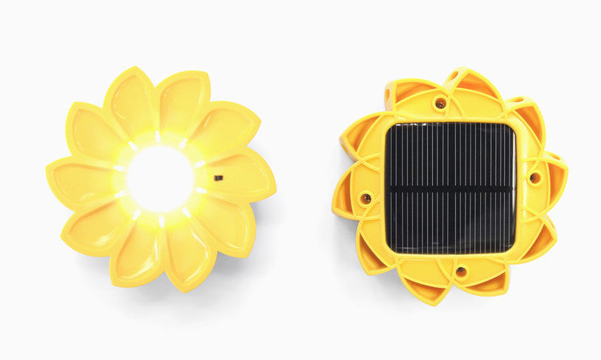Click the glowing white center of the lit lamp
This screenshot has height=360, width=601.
pos(160,179)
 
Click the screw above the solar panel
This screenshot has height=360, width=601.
pos(440,103)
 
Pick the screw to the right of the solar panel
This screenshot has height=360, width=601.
pos(534,177)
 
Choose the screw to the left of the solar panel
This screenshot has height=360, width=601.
pos(365,198)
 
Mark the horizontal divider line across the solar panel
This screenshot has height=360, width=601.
pos(450,189)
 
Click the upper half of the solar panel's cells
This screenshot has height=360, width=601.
pos(450,156)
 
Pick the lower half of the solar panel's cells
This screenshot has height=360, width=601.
pos(450,220)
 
